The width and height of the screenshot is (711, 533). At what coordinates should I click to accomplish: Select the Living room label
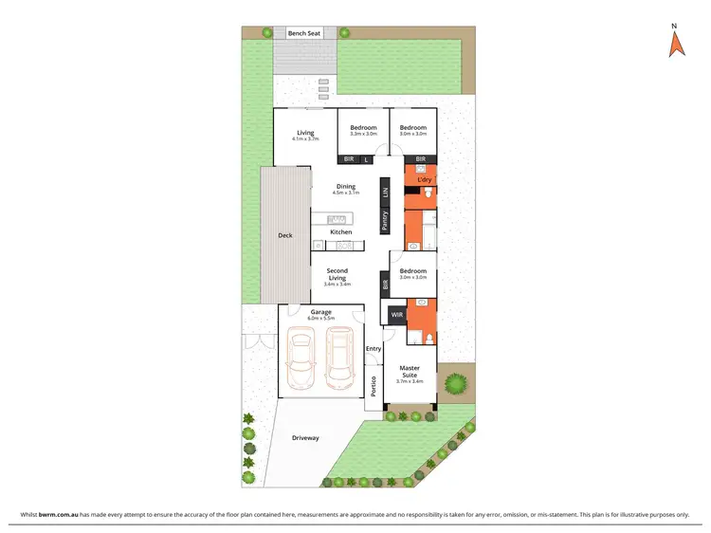click(305, 134)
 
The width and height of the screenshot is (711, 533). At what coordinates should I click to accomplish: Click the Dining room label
click(344, 187)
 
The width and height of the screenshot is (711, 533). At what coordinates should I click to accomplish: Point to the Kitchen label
click(340, 231)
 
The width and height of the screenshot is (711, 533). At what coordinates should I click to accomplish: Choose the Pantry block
click(385, 221)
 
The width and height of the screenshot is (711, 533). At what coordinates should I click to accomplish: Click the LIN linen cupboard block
click(385, 193)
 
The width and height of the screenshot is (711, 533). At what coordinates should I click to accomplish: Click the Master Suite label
click(410, 371)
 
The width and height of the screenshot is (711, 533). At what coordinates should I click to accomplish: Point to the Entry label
click(373, 348)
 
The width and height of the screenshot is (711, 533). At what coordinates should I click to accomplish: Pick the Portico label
click(374, 387)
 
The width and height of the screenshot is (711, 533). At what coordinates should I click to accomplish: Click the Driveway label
click(304, 438)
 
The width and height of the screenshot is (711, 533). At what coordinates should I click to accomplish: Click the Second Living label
click(337, 274)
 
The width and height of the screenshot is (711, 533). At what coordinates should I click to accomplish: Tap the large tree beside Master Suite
click(457, 384)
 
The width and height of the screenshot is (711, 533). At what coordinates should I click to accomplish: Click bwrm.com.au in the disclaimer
click(61, 514)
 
